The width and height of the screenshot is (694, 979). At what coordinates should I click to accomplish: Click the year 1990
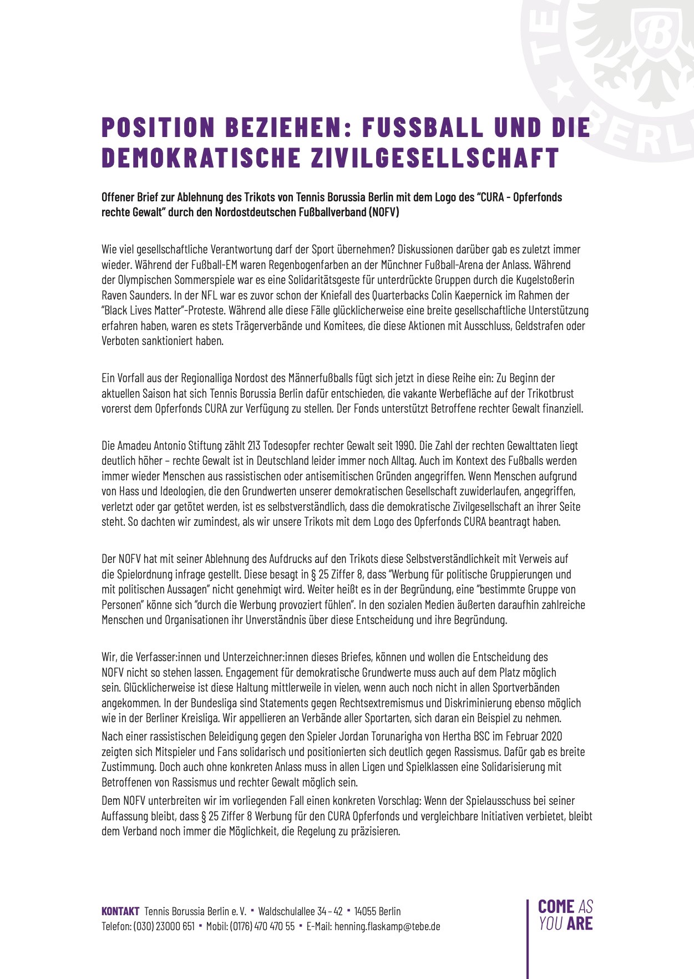point(404,445)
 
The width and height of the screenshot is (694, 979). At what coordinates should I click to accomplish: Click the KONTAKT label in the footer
point(120,911)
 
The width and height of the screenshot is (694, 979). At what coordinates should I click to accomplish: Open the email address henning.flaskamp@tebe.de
point(387,926)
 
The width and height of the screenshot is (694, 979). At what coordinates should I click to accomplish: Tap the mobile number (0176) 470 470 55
point(262,926)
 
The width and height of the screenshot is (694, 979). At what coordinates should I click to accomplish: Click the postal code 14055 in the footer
point(365,911)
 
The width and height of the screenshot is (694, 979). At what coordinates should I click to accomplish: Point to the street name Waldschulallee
point(287,911)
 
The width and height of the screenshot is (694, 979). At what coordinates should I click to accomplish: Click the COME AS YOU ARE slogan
point(565,915)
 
